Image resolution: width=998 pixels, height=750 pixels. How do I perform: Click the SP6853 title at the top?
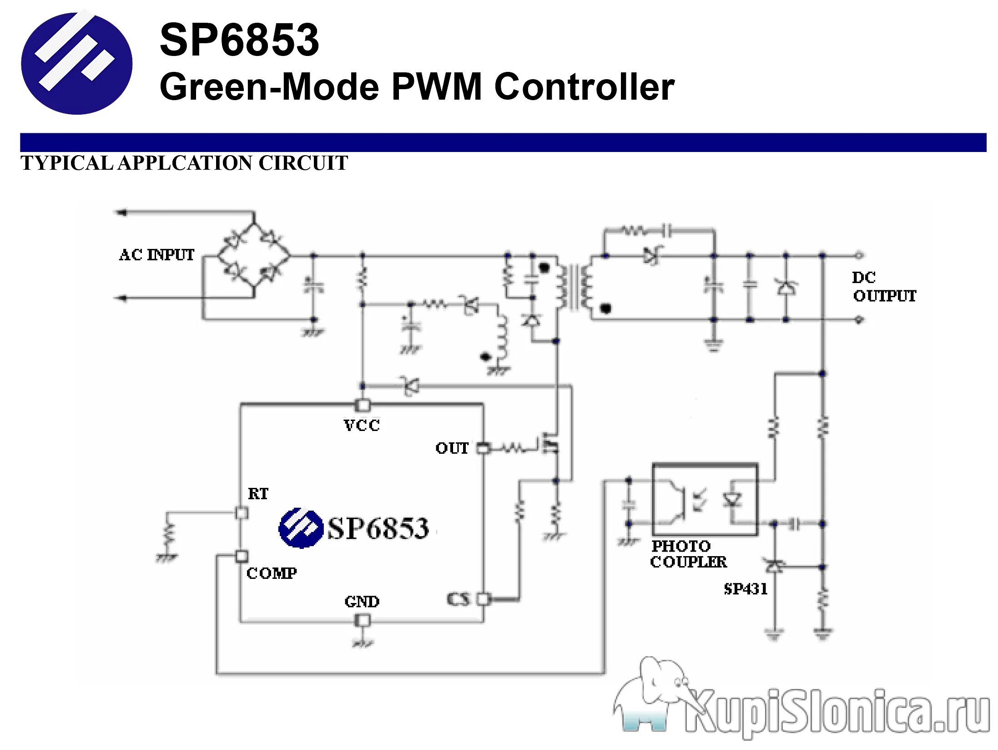click(x=239, y=41)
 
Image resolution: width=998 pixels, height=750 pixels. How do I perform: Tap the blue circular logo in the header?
click(x=76, y=63)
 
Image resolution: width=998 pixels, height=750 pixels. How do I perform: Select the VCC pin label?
click(x=362, y=426)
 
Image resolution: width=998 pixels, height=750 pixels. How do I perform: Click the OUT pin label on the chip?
click(x=452, y=448)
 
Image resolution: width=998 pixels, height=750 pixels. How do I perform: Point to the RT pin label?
click(x=258, y=494)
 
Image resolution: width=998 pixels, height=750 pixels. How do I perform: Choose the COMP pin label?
click(x=272, y=573)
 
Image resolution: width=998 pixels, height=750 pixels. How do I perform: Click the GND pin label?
click(x=362, y=602)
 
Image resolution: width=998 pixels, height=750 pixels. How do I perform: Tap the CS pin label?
click(x=458, y=599)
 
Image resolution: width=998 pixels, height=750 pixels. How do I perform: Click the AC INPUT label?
click(x=156, y=255)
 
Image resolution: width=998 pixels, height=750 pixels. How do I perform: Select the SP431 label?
click(x=746, y=589)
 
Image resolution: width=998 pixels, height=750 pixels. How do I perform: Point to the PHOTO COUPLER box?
click(x=705, y=499)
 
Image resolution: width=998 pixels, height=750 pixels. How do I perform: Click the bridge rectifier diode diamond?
click(x=253, y=255)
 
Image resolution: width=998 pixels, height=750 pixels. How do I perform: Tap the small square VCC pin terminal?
click(x=363, y=405)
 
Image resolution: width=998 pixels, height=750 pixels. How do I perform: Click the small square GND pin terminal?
click(x=363, y=620)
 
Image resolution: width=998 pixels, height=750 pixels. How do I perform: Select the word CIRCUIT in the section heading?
click(x=303, y=163)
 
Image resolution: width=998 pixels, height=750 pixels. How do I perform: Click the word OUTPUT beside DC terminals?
click(x=884, y=296)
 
